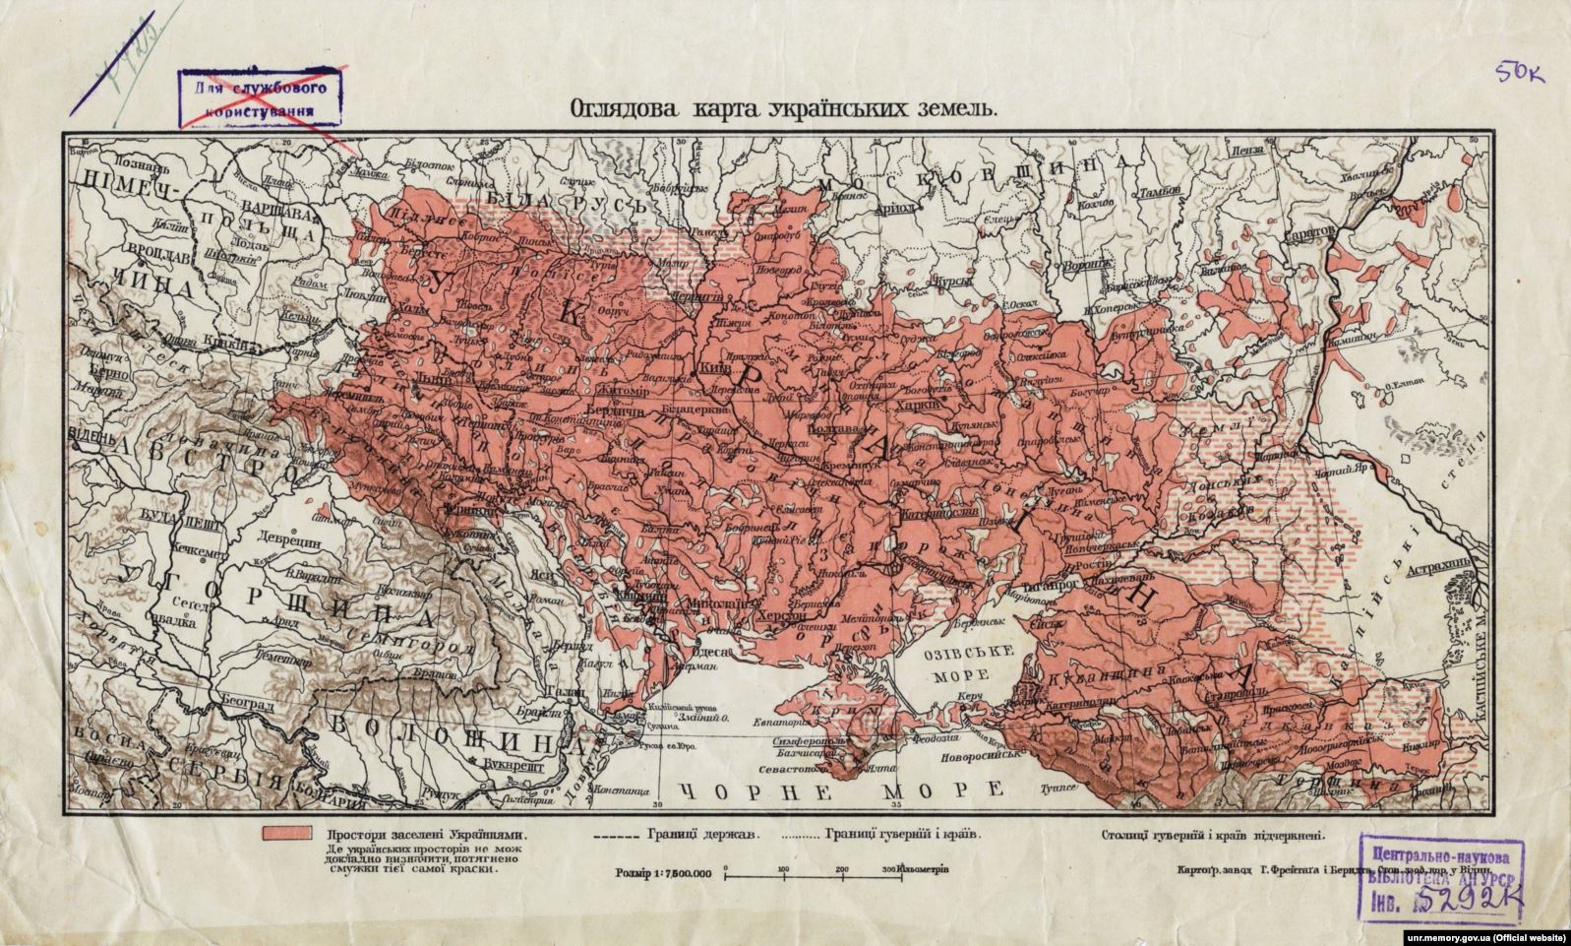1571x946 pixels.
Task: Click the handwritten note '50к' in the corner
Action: (1519, 72)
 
